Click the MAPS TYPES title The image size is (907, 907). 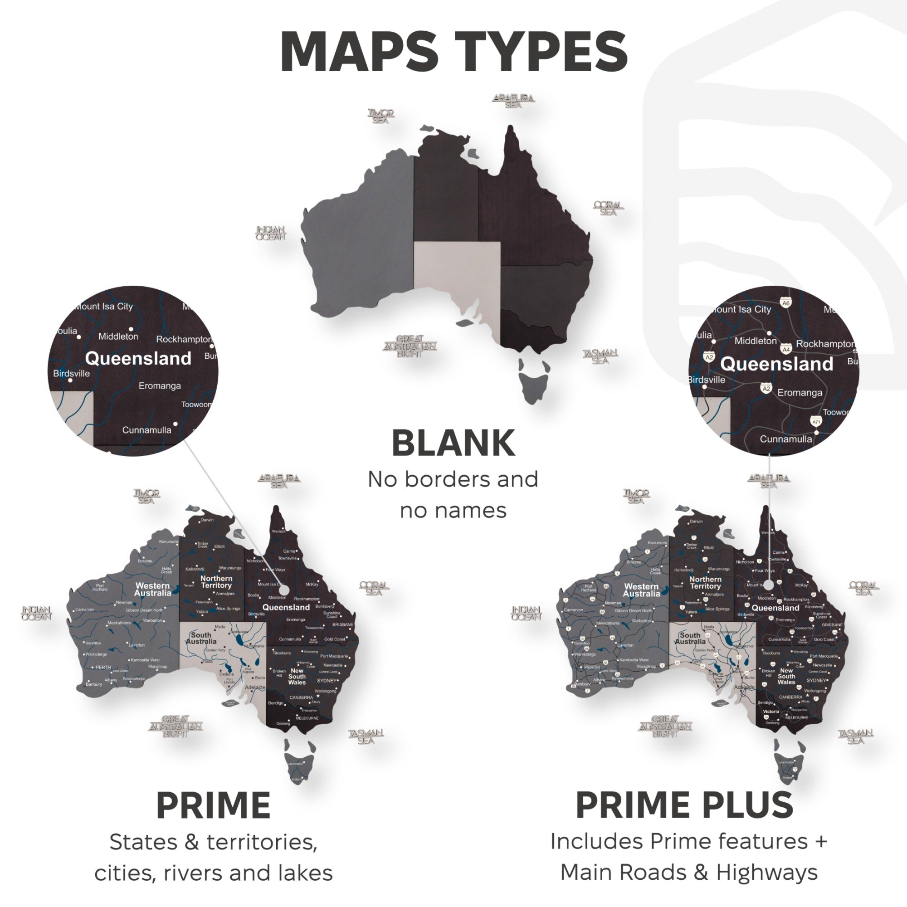[453, 52]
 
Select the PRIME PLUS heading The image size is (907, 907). [684, 805]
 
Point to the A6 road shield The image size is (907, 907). [786, 303]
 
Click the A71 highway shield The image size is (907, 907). [816, 422]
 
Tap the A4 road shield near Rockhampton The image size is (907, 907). [786, 349]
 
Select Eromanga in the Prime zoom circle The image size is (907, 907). [160, 386]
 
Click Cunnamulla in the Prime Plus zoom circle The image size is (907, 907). [785, 439]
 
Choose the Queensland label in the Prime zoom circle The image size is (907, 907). [138, 359]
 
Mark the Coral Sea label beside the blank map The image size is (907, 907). [608, 209]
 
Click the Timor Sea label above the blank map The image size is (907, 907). [381, 116]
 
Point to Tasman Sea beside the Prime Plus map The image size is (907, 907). [855, 736]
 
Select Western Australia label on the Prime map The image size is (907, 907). [152, 589]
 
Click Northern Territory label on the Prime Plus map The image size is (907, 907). [705, 583]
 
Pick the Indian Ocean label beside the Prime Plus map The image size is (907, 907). [526, 613]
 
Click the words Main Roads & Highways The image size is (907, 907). [689, 873]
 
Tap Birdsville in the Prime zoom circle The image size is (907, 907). [71, 374]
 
